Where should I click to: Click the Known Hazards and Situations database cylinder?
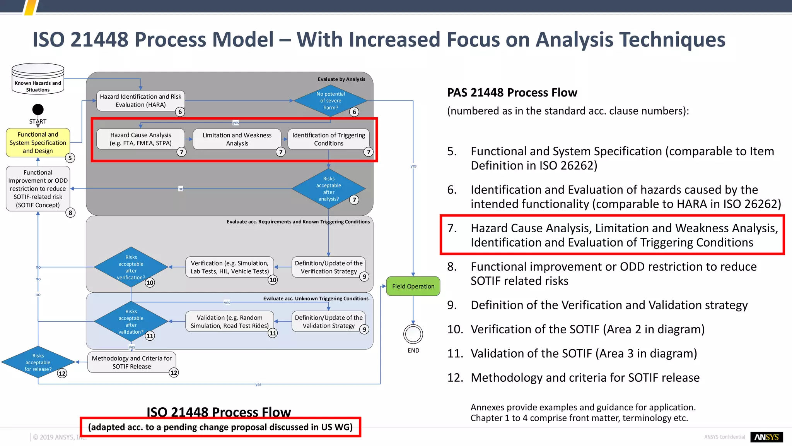[x=38, y=79]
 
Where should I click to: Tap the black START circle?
[x=38, y=110]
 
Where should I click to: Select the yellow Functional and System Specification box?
[x=38, y=142]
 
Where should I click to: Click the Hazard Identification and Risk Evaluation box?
[x=140, y=101]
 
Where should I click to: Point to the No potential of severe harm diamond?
[x=330, y=101]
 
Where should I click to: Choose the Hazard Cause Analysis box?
[x=140, y=139]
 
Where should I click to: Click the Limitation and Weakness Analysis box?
[x=237, y=139]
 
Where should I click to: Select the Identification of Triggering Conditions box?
[x=328, y=139]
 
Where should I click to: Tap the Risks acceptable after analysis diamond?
[x=328, y=189]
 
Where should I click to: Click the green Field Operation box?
[x=413, y=286]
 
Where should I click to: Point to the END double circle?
[x=413, y=334]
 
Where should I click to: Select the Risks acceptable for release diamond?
[x=38, y=362]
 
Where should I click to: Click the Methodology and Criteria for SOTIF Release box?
[x=131, y=362]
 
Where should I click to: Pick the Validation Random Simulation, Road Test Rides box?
[x=229, y=321]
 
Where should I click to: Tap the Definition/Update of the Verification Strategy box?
[x=328, y=267]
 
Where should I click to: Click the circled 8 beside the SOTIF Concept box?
[x=70, y=213]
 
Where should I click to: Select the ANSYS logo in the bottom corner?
[x=766, y=437]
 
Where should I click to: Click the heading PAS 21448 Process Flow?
[x=512, y=93]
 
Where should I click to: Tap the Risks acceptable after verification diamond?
[x=131, y=267]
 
